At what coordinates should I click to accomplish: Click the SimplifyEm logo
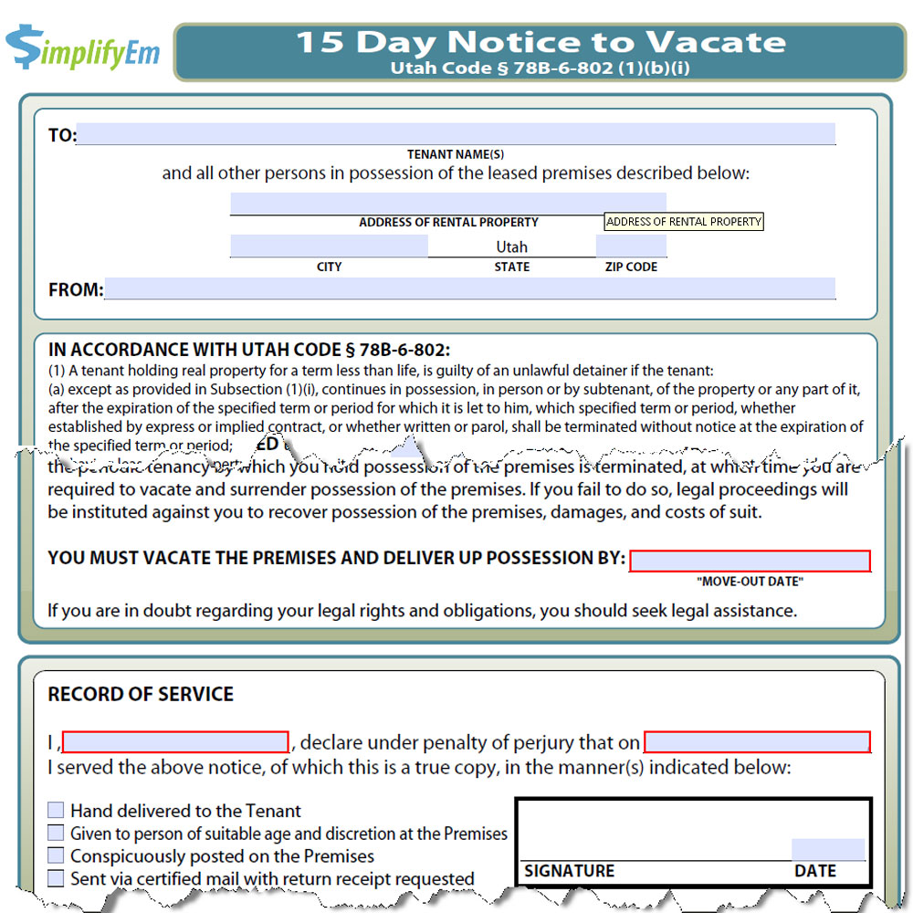point(82,48)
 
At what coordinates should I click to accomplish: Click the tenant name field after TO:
point(456,134)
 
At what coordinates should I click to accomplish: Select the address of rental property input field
point(447,203)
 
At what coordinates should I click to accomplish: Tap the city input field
point(329,246)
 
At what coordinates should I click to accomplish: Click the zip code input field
point(631,246)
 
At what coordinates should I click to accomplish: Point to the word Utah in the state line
point(512,247)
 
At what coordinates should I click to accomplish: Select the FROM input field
point(469,289)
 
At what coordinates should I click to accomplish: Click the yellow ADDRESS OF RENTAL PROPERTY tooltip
point(684,222)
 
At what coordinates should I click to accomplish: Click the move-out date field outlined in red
point(750,561)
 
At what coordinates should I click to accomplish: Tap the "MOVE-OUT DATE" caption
point(750,582)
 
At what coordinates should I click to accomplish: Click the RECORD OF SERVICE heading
point(141,694)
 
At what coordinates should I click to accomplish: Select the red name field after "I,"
point(175,741)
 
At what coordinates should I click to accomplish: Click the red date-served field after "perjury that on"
point(757,741)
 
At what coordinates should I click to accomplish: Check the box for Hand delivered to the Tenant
point(56,810)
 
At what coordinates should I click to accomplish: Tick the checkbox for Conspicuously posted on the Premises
point(56,855)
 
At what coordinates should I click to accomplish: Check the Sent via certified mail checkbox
point(56,878)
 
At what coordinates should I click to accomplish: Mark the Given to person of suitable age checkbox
point(56,833)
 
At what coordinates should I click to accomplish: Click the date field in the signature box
point(827,849)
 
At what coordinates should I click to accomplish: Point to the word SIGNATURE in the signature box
point(570,871)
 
